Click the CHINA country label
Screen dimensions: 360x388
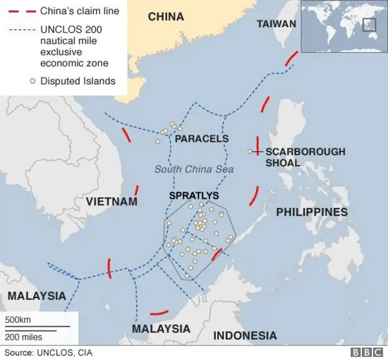166,17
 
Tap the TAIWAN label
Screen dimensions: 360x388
276,24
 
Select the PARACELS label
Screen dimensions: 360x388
201,139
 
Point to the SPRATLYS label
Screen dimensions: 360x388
194,196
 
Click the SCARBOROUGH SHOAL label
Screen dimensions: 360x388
305,157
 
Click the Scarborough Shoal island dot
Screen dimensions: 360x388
250,152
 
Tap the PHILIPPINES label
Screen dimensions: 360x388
312,212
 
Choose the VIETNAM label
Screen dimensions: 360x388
112,201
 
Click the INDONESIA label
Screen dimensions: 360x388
245,335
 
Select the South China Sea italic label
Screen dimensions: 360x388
193,170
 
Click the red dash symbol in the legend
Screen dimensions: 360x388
21,11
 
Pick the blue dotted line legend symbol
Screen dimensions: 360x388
21,28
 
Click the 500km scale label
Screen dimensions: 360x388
18,319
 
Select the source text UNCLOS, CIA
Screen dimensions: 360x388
48,352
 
